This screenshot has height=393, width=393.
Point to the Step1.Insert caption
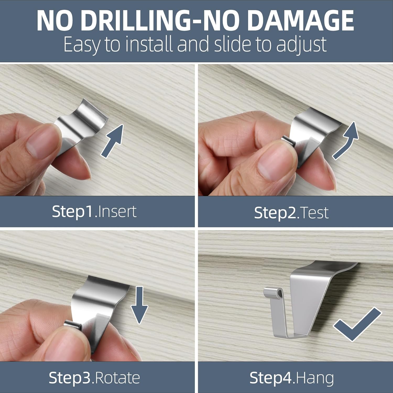pos(94,211)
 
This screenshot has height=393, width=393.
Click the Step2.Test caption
pos(291,212)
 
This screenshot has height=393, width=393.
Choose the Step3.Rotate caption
pos(94,378)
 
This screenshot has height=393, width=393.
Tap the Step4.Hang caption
pos(292,378)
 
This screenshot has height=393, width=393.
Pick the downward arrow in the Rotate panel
pos(139,305)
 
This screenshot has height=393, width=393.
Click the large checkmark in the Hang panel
pos(358,325)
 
